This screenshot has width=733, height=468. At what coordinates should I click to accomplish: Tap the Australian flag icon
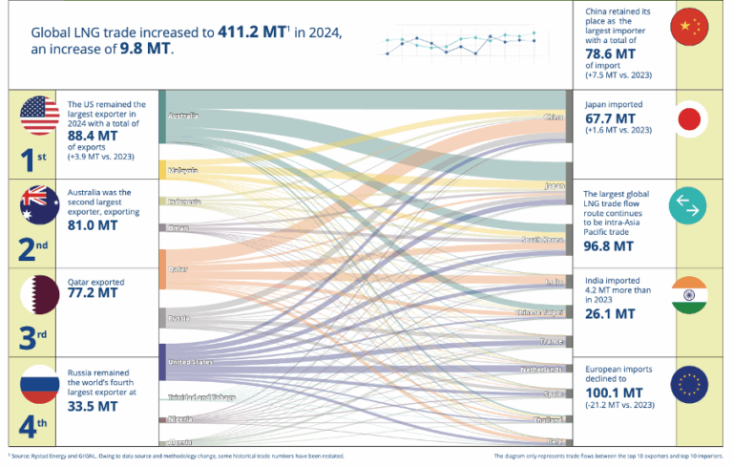coord(39,204)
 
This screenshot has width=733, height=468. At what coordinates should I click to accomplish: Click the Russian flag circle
coord(39,382)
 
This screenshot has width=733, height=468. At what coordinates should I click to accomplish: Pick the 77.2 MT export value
coord(93,293)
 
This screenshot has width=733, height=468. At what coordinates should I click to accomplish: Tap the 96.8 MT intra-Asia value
coord(609,245)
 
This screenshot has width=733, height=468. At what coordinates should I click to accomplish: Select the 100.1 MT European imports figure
coord(612,391)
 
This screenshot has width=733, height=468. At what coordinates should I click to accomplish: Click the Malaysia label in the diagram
coord(183,170)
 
